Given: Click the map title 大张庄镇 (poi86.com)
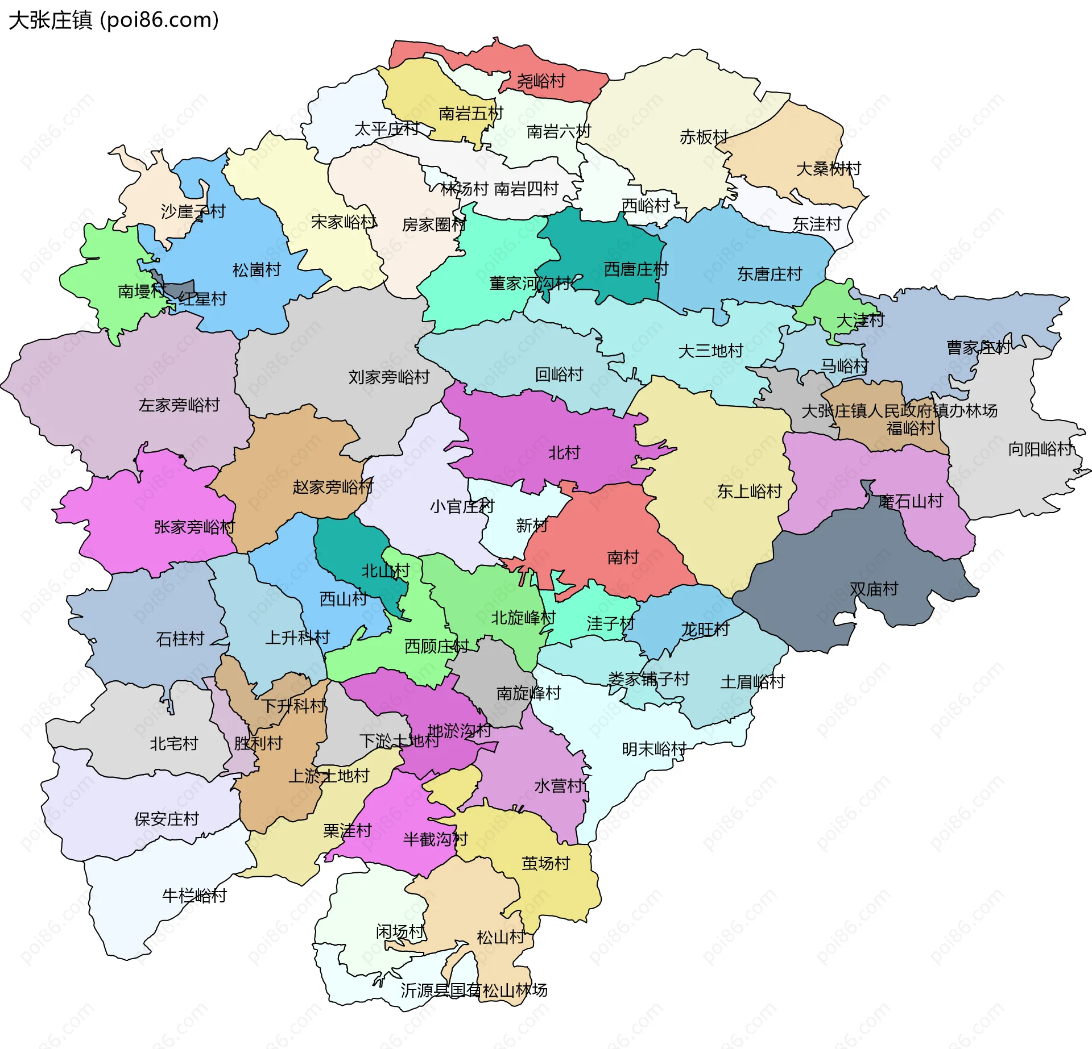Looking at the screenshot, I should coord(114,20).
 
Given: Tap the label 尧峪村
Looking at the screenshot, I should coord(540,81).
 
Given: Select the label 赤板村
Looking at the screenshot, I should coord(704,137).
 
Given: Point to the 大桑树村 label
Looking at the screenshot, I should coord(828,169).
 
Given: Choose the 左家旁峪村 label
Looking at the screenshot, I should coord(179,405).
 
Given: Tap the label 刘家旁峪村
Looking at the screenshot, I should coord(388,377).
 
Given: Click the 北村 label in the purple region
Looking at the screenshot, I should coord(564,453).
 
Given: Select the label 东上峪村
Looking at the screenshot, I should coord(749,492).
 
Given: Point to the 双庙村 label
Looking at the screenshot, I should coord(874,589).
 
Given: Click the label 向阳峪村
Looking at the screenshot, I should coord(1040,449).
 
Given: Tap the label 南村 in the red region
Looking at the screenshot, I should coord(623,557).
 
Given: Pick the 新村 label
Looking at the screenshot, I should coord(531,526).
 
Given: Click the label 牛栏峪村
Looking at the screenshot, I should coord(194,896).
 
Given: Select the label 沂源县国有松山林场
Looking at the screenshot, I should coord(473,990).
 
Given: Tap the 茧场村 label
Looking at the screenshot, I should coord(545,863).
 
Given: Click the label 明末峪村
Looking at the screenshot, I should coord(654,750).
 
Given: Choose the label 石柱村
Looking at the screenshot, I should coord(180,639).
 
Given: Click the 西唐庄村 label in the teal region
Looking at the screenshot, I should coord(635,269).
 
